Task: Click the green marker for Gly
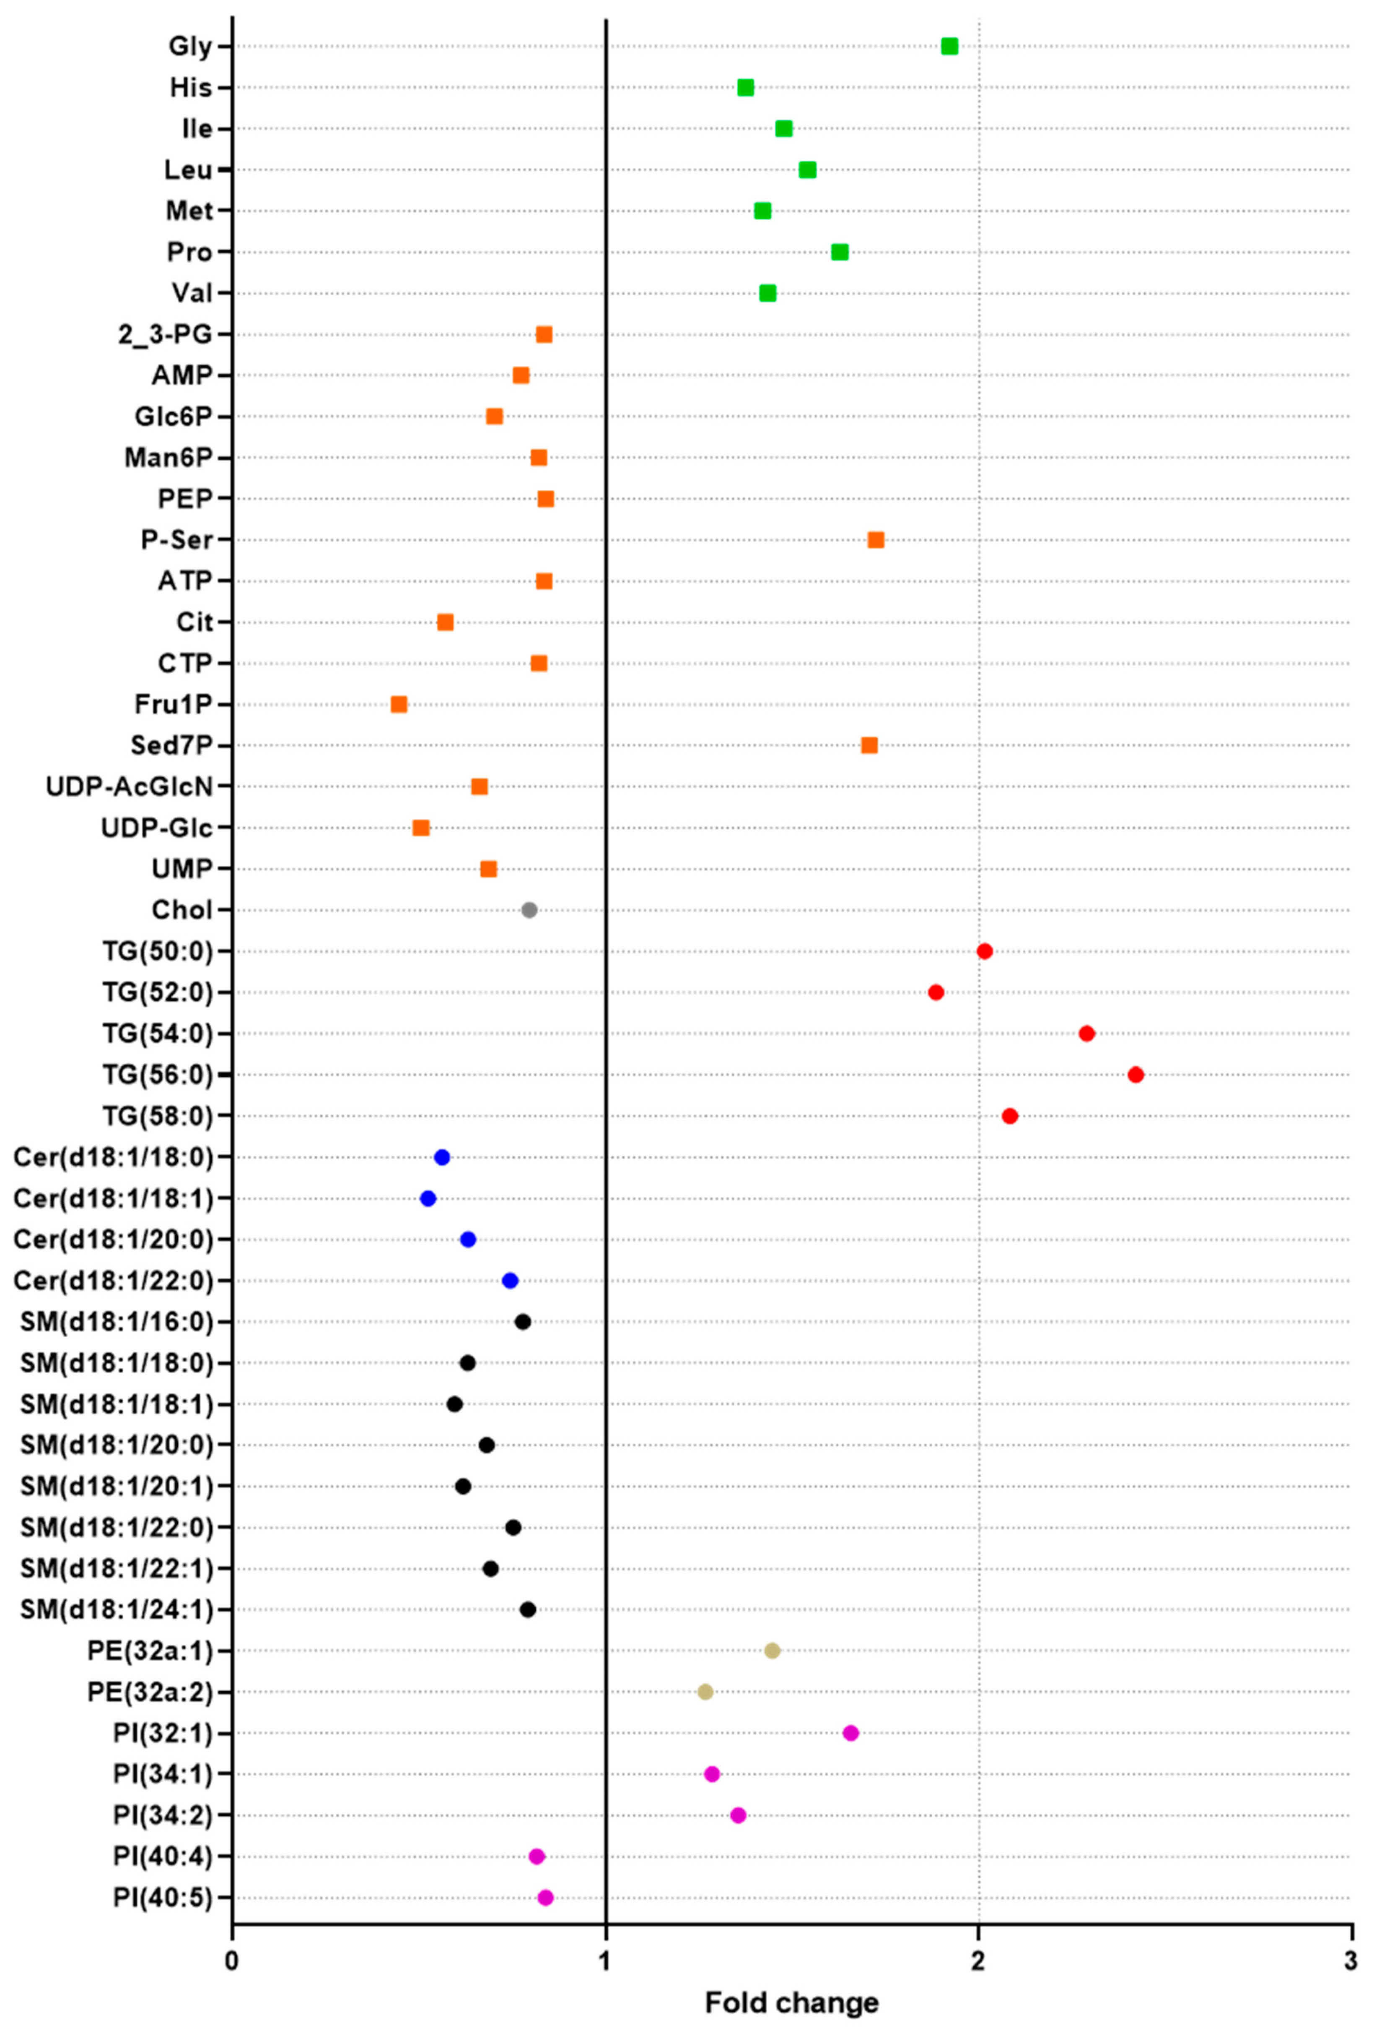(949, 46)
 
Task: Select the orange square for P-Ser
(875, 540)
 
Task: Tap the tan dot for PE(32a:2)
(705, 1692)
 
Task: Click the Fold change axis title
(791, 2002)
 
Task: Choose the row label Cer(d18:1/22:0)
(114, 1280)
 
